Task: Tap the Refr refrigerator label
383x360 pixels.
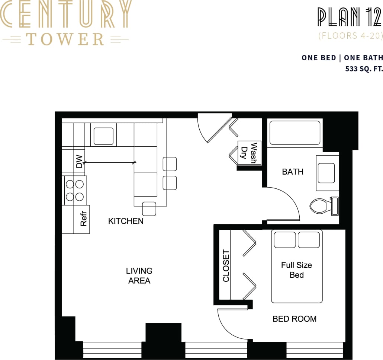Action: click(x=83, y=219)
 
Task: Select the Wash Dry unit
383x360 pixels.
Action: click(x=249, y=153)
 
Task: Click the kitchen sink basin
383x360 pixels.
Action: click(x=103, y=136)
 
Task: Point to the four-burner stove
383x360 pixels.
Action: click(x=75, y=190)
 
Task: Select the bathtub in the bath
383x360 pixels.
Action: click(x=295, y=133)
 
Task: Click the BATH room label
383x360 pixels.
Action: click(x=293, y=172)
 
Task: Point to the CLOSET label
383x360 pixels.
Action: click(x=226, y=265)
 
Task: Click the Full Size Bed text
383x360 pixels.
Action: click(x=296, y=270)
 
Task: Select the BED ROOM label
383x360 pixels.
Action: click(x=295, y=319)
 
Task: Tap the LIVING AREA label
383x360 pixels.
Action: click(x=139, y=276)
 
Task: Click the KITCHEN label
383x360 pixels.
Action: click(x=126, y=221)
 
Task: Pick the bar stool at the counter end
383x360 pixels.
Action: click(x=149, y=208)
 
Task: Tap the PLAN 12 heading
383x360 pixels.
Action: click(x=350, y=17)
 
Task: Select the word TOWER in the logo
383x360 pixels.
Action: click(x=65, y=39)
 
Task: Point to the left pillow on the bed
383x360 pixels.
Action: click(x=285, y=240)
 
